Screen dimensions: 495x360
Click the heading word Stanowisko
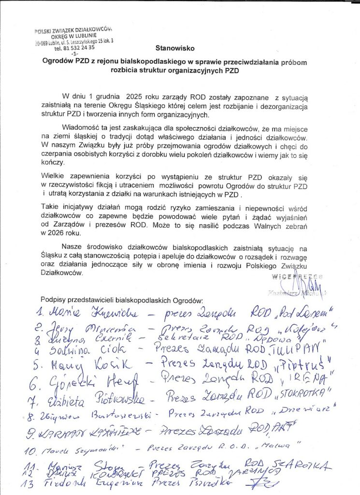pos(174,48)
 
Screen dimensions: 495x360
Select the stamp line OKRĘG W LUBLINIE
pos(73,37)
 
